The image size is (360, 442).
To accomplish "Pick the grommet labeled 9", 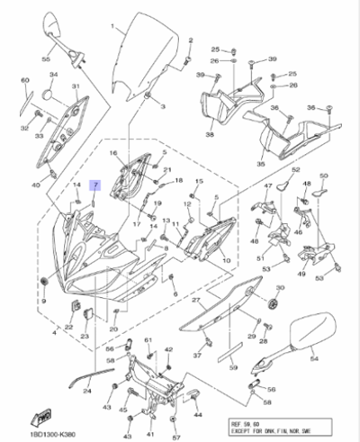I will pyautogui.click(x=43, y=284).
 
